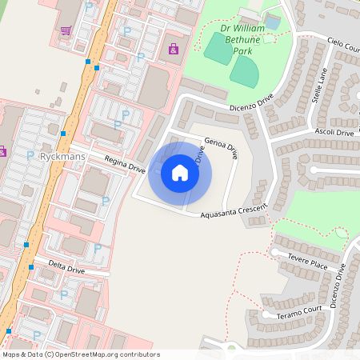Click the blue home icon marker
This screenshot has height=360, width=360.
tap(180, 172)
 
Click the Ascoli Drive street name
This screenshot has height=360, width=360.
tap(334, 132)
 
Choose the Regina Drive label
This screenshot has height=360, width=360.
tap(125, 165)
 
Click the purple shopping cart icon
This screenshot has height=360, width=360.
tap(66, 31)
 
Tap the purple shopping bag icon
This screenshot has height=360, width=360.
tap(174, 50)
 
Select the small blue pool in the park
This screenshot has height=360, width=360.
tap(273, 22)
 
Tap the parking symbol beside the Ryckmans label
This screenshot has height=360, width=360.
tap(30, 155)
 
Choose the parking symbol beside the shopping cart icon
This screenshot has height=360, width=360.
tap(88, 6)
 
